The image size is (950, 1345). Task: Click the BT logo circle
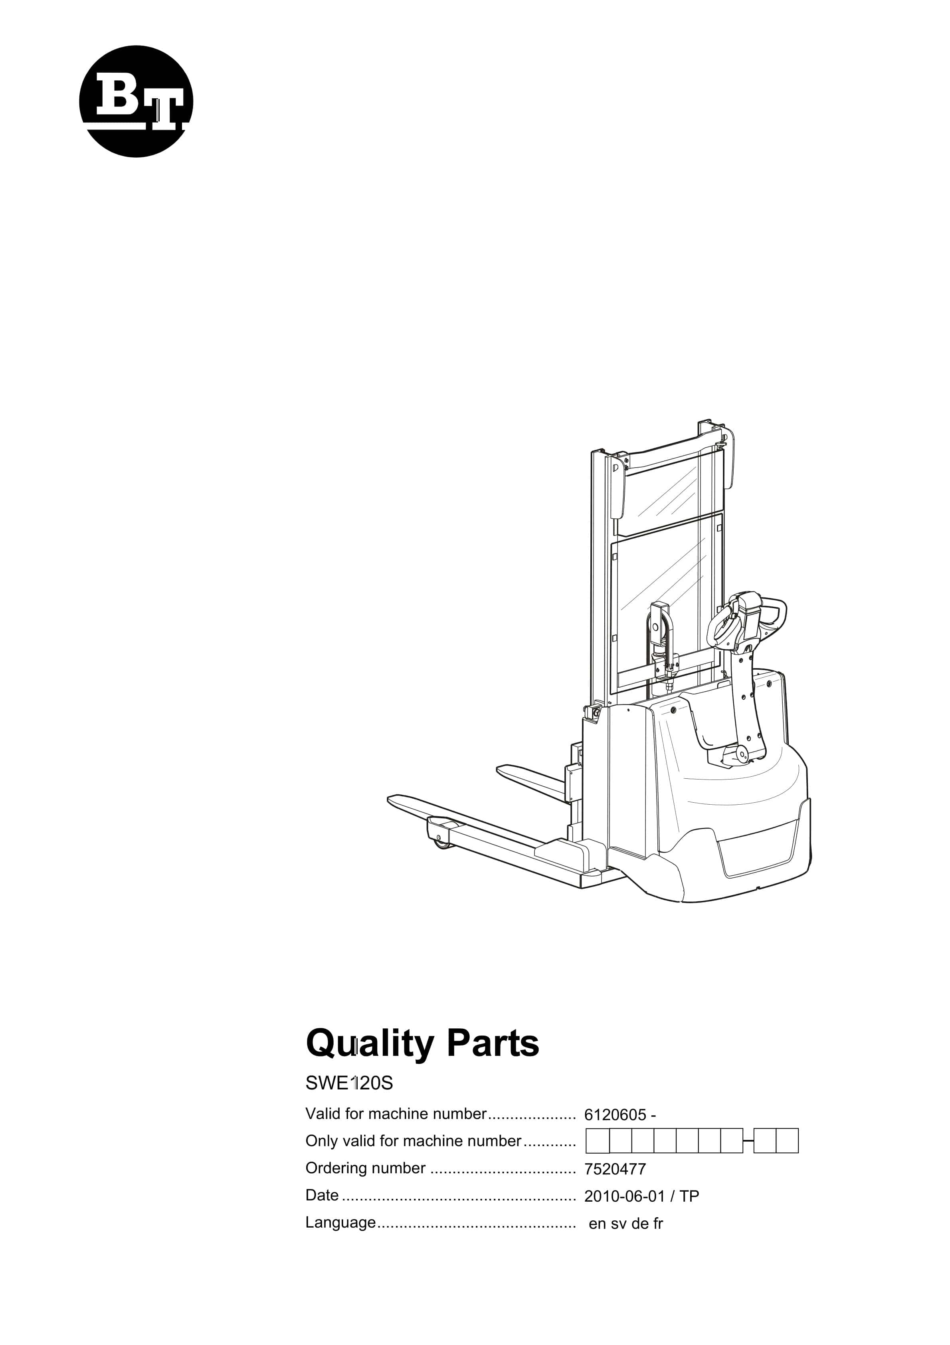point(136,101)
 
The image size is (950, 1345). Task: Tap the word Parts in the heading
point(493,1043)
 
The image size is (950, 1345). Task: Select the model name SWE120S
point(349,1083)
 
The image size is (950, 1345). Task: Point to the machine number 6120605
point(615,1115)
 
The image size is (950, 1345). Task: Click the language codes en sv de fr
point(625,1224)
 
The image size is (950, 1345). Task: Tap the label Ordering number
point(366,1168)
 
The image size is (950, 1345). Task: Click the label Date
point(322,1195)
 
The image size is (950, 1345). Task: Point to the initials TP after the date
point(689,1196)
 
